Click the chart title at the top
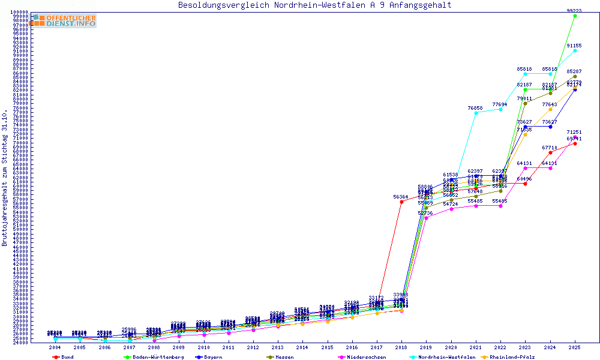tap(315, 5)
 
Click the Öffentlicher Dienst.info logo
tap(63, 20)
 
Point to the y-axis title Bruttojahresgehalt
tap(5, 178)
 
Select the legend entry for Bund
tap(63, 356)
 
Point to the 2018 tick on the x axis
tap(401, 347)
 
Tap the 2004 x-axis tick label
tap(55, 347)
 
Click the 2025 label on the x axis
tap(575, 347)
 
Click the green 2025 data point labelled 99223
tap(575, 16)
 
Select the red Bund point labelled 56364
tap(401, 202)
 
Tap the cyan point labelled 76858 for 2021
tap(476, 113)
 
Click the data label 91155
tap(574, 46)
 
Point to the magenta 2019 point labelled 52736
tap(426, 218)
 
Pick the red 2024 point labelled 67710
tap(550, 152)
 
